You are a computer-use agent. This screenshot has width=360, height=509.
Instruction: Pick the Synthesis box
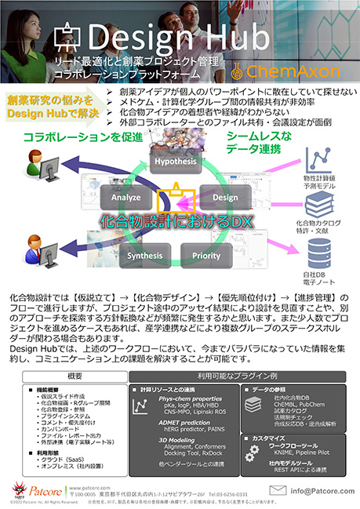click(145, 256)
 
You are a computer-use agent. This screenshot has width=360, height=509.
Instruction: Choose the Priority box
click(206, 256)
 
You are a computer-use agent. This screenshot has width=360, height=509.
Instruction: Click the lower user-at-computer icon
click(40, 245)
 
